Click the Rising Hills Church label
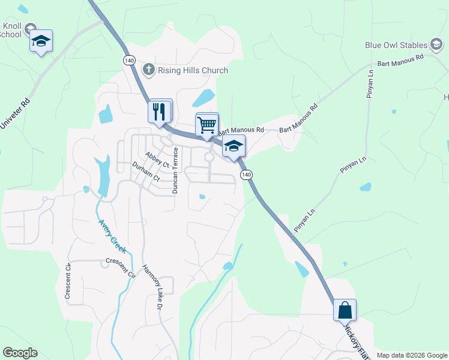(x=193, y=70)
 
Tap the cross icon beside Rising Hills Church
(x=148, y=70)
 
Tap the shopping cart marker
(x=206, y=125)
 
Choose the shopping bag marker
(x=345, y=310)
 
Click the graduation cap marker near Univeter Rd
(x=41, y=41)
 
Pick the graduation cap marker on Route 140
(x=234, y=146)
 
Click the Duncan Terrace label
(x=175, y=170)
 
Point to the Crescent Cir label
(x=121, y=266)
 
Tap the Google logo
(x=20, y=353)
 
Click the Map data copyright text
(x=412, y=355)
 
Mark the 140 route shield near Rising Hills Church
(x=129, y=60)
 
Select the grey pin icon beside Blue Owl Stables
(x=437, y=45)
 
